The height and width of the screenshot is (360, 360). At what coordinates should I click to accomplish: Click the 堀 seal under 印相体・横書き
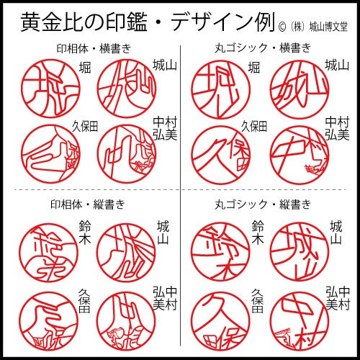pos(48,85)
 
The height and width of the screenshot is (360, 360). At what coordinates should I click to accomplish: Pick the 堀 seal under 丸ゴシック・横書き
pos(220,85)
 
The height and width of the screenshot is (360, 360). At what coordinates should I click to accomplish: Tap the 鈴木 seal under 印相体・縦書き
pos(48,249)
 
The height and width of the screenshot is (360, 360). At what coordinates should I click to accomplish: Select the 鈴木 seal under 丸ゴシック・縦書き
pos(220,249)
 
